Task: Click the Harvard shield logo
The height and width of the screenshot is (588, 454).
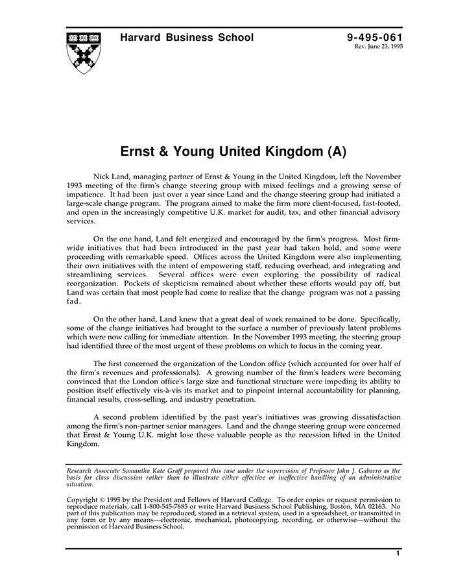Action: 84,52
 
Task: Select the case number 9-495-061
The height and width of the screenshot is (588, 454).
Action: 375,38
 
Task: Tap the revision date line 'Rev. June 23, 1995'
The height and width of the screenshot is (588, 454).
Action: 378,47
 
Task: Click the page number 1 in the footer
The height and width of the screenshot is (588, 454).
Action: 397,554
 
